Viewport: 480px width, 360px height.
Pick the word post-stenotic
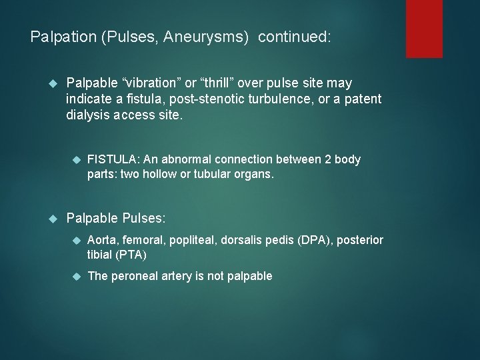[208, 99]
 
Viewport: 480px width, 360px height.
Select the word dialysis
[90, 115]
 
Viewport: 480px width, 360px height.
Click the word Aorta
[102, 240]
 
